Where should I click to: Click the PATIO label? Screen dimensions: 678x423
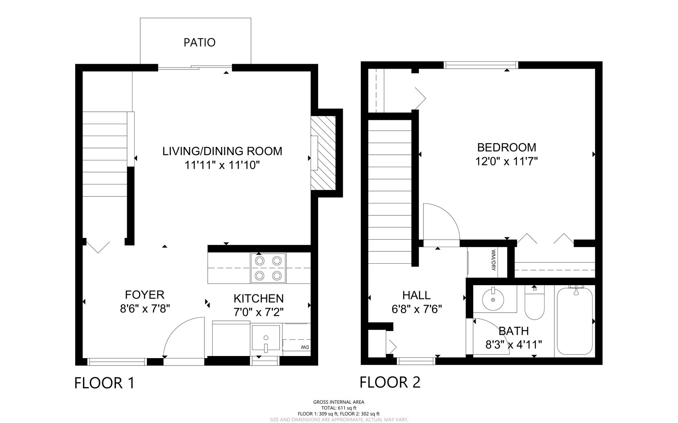click(x=200, y=42)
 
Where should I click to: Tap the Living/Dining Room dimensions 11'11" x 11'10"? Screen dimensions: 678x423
click(x=222, y=165)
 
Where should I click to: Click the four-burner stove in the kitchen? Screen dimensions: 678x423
click(x=268, y=268)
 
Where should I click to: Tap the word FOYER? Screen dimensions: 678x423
click(x=145, y=295)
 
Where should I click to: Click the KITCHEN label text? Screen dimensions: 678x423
click(x=258, y=298)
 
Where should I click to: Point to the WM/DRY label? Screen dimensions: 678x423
click(x=493, y=260)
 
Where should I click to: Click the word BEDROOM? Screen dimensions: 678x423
click(x=507, y=147)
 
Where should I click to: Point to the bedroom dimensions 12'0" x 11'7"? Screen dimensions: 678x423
click(x=507, y=161)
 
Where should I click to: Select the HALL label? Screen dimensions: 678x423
click(x=417, y=295)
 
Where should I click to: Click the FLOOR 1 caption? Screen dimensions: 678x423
click(x=105, y=383)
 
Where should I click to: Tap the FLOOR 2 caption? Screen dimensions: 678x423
click(x=390, y=382)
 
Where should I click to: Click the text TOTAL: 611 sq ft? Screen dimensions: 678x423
click(x=339, y=407)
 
